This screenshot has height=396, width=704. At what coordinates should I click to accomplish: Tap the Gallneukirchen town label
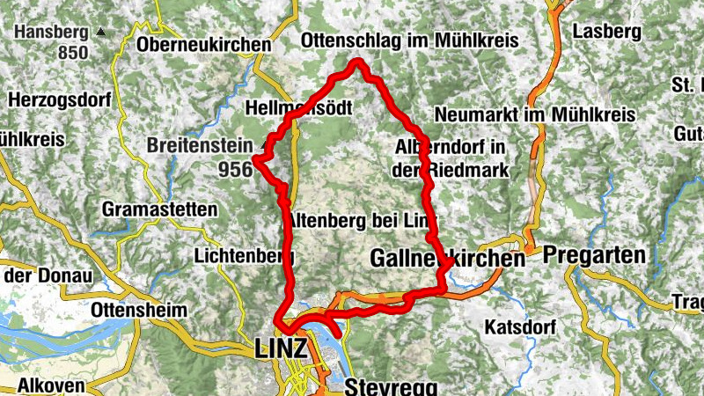[447, 259]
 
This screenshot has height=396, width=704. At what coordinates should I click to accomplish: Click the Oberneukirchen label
[203, 44]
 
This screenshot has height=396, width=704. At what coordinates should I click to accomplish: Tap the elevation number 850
[73, 53]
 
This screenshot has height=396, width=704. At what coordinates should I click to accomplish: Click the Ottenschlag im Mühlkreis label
[409, 40]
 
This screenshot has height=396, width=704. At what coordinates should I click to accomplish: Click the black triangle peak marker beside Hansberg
[101, 32]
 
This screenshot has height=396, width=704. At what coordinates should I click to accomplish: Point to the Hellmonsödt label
[300, 109]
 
